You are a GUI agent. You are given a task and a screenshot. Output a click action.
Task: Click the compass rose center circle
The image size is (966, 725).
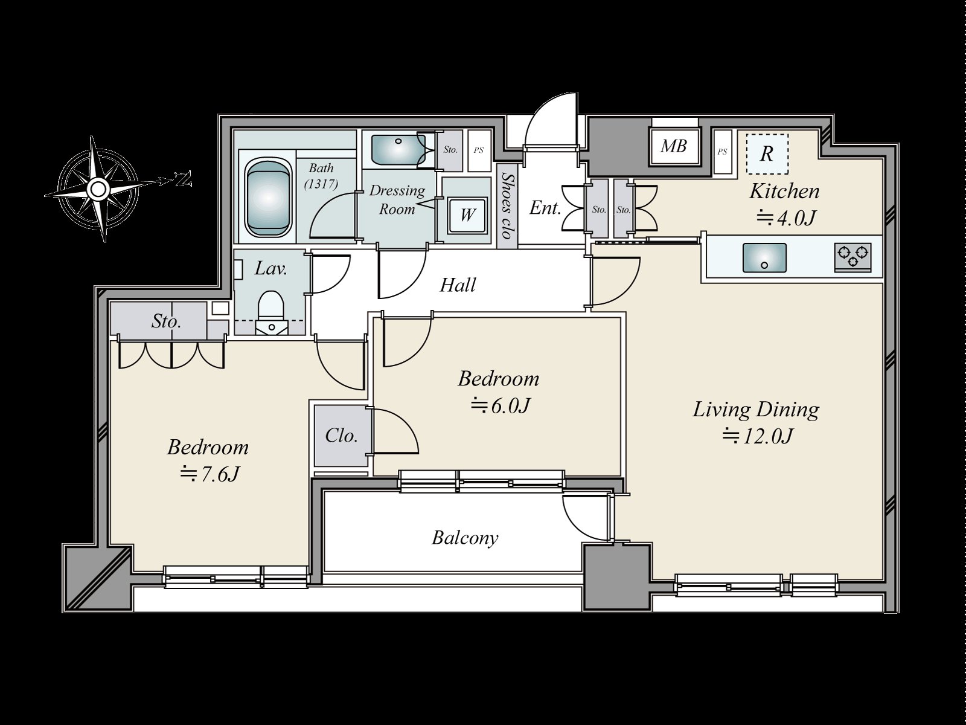tap(98, 189)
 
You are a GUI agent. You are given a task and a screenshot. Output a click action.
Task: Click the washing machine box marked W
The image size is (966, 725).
tap(467, 216)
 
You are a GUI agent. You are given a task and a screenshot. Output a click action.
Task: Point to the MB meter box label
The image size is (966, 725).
tap(674, 146)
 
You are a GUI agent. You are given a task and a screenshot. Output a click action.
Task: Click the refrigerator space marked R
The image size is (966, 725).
tap(767, 153)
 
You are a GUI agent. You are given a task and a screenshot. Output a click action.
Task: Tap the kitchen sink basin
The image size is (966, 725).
tap(764, 257)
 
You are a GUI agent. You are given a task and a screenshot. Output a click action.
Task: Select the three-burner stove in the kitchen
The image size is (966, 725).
tap(852, 257)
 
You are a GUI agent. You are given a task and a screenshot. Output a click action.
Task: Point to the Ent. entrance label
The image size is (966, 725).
tap(545, 208)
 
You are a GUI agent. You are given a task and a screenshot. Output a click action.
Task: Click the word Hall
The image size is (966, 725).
tap(458, 285)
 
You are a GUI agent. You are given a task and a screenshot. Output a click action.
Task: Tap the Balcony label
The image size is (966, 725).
tap(465, 538)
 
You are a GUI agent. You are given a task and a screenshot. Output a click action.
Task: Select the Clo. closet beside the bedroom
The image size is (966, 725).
tap(341, 436)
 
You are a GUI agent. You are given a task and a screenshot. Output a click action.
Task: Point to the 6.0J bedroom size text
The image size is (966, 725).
tap(499, 405)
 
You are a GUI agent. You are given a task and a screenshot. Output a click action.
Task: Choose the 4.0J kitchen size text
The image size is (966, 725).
tap(786, 218)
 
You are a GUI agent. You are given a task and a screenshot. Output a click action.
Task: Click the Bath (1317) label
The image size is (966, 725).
tap(321, 176)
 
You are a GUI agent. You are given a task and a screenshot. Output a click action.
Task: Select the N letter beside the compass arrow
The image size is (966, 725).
tap(184, 179)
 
